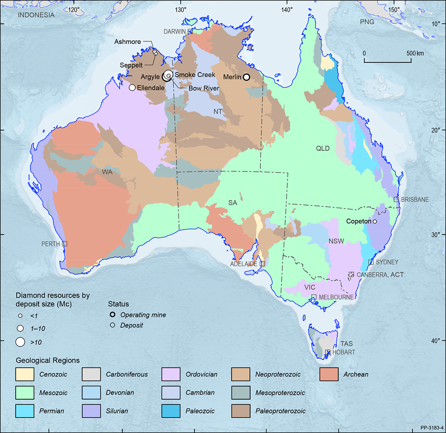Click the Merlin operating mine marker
point(246,77)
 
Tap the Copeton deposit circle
point(375,222)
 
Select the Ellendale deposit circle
point(132,88)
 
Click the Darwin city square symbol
point(190,32)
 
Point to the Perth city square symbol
point(65,244)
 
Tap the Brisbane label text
point(415,200)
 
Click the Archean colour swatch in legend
point(329,374)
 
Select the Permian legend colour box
point(25,411)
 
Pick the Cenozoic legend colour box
point(25,374)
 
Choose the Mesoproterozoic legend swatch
point(240,393)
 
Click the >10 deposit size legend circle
point(20,342)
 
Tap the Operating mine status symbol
point(113,314)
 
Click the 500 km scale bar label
point(415,53)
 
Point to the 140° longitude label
point(287,10)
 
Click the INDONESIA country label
point(36,15)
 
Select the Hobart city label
point(343,352)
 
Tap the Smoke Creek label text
point(195,75)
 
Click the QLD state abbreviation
point(323,148)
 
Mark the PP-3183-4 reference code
point(432,428)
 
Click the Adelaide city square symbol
point(262,264)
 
